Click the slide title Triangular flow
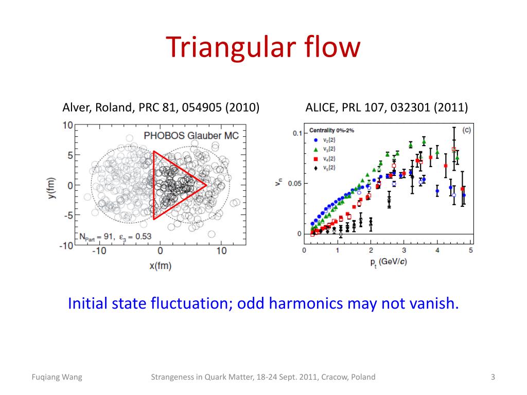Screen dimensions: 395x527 [263, 47]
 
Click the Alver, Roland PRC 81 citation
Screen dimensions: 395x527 [161, 107]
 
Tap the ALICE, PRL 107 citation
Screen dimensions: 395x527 [387, 107]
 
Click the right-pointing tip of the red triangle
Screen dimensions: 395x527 [206, 185]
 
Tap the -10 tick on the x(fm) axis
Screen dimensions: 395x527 [98, 250]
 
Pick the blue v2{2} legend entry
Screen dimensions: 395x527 [327, 140]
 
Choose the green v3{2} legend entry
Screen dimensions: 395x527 [327, 149]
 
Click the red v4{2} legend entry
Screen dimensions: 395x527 [327, 158]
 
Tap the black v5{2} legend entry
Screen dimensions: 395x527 [327, 168]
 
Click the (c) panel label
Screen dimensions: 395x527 [467, 130]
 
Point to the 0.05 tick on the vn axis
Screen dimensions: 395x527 [294, 184]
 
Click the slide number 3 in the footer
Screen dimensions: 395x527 [493, 377]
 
